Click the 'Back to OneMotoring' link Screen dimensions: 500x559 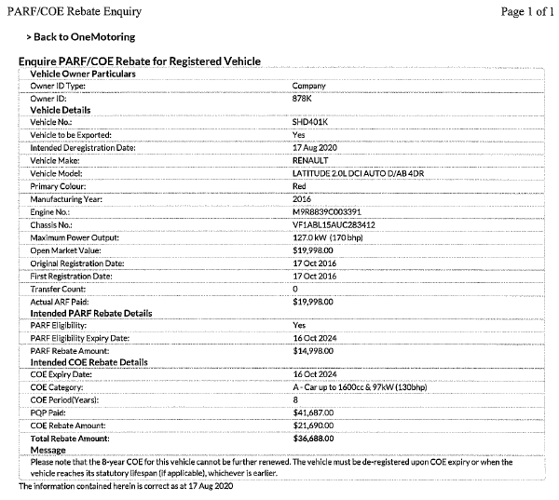point(84,37)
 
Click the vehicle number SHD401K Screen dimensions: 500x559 point(311,122)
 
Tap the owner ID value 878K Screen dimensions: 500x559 point(302,98)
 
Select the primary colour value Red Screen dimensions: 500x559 point(300,186)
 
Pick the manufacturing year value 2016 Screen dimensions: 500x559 point(302,199)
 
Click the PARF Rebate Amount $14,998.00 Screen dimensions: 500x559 point(313,350)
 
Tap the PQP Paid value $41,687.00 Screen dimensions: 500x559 point(313,412)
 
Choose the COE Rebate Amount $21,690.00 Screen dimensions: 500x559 point(313,425)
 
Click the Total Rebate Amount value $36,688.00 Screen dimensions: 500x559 point(313,437)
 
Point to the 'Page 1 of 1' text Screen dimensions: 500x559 point(525,11)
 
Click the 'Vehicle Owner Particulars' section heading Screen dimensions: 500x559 point(84,73)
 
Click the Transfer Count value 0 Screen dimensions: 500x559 point(295,290)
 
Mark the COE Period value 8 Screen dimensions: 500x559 point(295,399)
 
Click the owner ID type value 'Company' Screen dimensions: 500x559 point(308,86)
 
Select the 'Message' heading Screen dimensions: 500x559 point(48,449)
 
